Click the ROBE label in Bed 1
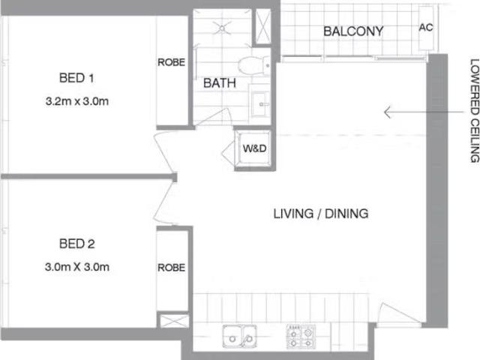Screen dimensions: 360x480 pos(172,63)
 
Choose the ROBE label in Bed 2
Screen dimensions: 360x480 pos(172,267)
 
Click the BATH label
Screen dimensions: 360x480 pos(220,84)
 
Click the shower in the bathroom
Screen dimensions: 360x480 pos(223,28)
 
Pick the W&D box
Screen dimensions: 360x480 pos(252,148)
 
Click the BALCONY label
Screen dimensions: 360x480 pos(353,31)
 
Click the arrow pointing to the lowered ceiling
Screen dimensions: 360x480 pos(409,112)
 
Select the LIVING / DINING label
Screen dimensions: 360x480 pos(320,214)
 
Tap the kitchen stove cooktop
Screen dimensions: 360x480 pos(301,335)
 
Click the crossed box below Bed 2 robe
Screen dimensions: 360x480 pos(172,321)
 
